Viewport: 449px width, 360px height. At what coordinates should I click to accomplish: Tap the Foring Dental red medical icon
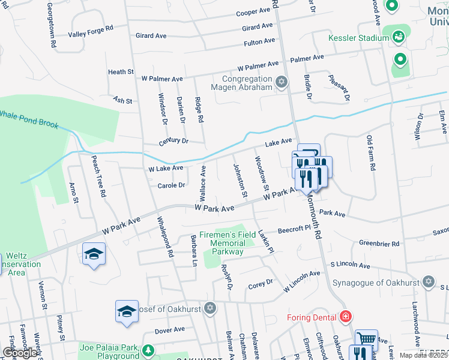click(x=345, y=316)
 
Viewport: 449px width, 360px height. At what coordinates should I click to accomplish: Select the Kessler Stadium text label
click(x=359, y=38)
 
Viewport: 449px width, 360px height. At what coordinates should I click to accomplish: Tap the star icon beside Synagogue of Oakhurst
click(x=428, y=281)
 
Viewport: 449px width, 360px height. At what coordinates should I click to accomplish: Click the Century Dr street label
click(x=173, y=141)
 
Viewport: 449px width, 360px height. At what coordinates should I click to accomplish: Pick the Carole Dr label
click(x=171, y=185)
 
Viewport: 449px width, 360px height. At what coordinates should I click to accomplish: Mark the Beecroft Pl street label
click(x=294, y=229)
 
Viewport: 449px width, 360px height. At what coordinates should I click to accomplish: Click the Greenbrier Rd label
click(x=379, y=244)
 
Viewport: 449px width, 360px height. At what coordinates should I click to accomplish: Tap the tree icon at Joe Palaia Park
click(x=148, y=350)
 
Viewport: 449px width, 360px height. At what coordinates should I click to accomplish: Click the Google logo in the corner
click(x=20, y=353)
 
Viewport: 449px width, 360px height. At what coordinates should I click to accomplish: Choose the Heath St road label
click(x=121, y=72)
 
